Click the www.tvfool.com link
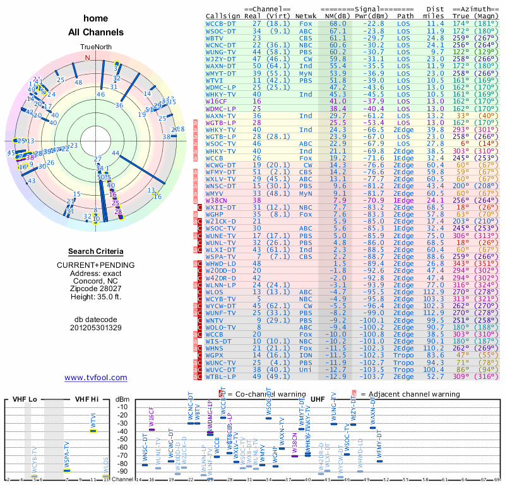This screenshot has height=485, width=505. pyautogui.click(x=95, y=378)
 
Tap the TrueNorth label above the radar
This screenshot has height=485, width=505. pyautogui.click(x=95, y=47)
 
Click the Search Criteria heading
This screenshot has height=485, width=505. pyautogui.click(x=95, y=251)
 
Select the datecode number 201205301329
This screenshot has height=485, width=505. pyautogui.click(x=95, y=327)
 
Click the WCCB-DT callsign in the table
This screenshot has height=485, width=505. pyautogui.click(x=220, y=23)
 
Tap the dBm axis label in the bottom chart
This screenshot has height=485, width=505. pyautogui.click(x=122, y=399)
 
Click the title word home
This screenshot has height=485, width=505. pyautogui.click(x=95, y=18)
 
